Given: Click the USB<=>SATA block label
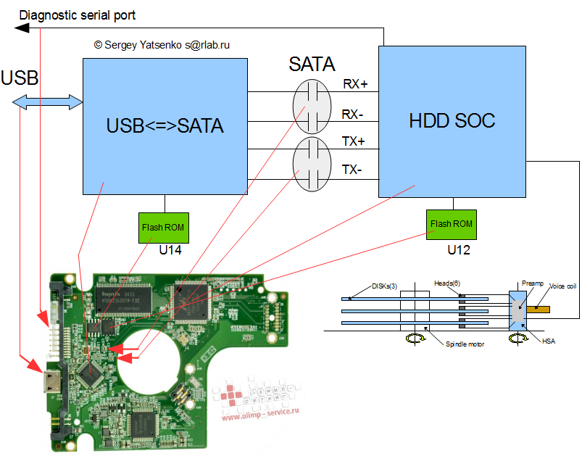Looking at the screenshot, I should click(x=165, y=126).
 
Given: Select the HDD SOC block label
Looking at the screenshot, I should click(x=452, y=120).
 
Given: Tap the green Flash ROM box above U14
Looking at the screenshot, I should click(x=164, y=228).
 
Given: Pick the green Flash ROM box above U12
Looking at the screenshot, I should click(x=452, y=224).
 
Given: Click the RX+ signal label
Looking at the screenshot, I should click(x=355, y=85).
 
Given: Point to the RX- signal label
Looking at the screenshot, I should click(x=354, y=114).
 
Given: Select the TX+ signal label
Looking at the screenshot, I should click(x=354, y=141).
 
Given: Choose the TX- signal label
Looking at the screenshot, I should click(x=352, y=171).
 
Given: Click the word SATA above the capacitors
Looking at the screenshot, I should click(x=312, y=65).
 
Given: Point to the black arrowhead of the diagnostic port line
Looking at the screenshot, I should click(x=22, y=28).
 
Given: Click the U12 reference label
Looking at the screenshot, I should click(x=460, y=249).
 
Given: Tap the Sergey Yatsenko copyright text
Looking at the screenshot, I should click(x=162, y=45).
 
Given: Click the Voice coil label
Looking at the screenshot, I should click(x=562, y=286).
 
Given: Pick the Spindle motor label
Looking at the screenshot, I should click(x=465, y=344).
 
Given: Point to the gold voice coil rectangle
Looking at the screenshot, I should click(x=539, y=309).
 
